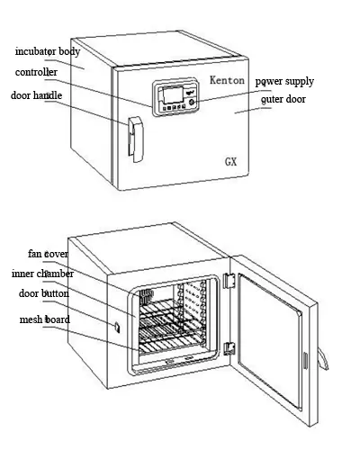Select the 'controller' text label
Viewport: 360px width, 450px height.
coord(36,72)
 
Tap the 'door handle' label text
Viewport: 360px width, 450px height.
coord(37,94)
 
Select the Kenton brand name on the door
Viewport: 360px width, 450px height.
coord(229,81)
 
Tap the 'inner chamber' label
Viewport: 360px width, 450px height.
coord(42,274)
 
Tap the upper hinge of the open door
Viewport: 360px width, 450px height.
coord(229,282)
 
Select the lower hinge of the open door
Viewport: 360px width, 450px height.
coord(229,347)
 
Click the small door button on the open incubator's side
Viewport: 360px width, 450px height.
coord(115,324)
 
